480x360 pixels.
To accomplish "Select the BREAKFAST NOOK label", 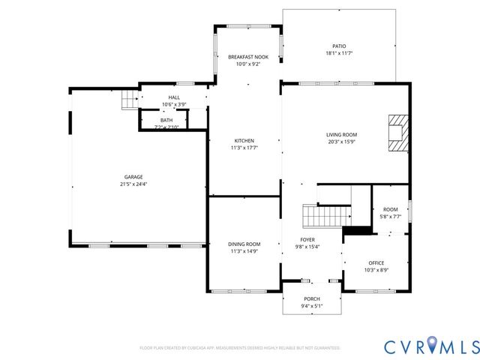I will click(x=248, y=57).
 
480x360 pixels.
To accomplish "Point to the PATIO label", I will click(x=339, y=46).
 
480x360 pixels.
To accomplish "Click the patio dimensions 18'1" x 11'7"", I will click(x=339, y=53).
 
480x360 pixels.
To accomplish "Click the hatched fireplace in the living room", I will click(x=397, y=133).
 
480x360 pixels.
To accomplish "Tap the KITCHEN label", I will click(x=244, y=140).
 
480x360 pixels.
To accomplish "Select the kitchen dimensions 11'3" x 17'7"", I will click(x=244, y=148).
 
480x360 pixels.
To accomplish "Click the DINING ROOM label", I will click(x=244, y=244).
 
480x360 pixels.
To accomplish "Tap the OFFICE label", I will click(x=376, y=262).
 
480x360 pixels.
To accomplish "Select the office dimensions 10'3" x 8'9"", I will click(x=376, y=270).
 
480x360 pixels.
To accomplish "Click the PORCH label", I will click(x=312, y=298).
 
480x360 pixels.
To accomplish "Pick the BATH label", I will click(x=166, y=120).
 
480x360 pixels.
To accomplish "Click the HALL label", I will click(x=174, y=97).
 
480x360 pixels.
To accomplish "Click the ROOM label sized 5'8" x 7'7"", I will click(x=390, y=209).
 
